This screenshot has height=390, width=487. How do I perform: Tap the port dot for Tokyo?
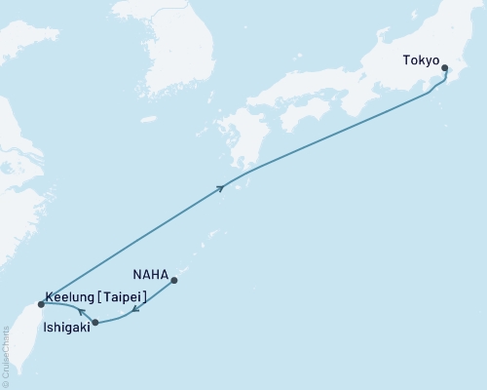coord(445,68)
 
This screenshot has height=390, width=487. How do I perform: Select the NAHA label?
coord(151,276)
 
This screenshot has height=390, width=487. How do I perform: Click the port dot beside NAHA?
coord(174,282)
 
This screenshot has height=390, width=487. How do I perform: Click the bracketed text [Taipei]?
coord(121,296)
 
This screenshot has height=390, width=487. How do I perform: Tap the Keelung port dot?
coord(40,304)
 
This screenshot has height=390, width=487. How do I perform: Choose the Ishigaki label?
coord(68,329)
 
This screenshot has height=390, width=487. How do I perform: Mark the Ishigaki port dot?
coord(94,322)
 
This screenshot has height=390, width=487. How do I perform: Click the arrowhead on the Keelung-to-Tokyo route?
coord(222,187)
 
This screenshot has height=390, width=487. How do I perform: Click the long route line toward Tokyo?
coord(331,131)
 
